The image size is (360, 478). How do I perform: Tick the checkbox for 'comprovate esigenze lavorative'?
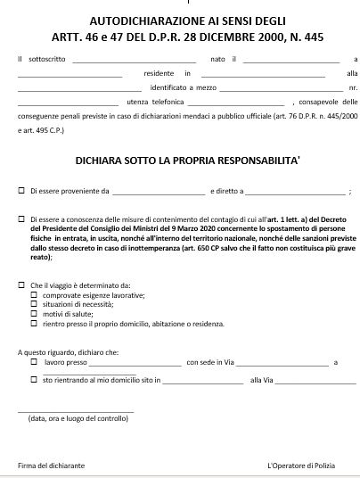(34, 294)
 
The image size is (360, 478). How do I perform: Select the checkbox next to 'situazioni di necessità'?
(34, 304)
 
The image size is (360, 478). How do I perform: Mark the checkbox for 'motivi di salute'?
(34, 314)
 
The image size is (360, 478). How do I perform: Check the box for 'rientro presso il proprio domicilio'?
(34, 324)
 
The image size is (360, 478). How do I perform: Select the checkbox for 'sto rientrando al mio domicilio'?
(34, 381)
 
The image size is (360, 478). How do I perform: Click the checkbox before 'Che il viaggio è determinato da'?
(22, 284)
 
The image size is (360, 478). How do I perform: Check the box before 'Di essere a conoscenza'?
(22, 218)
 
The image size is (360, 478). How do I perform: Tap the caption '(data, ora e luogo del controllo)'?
(78, 417)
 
